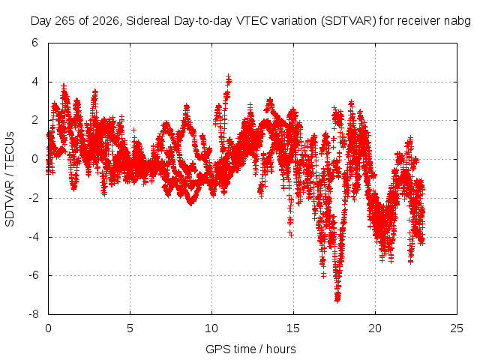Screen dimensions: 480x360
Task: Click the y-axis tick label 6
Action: point(34,43)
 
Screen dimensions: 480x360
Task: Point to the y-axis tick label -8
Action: point(33,314)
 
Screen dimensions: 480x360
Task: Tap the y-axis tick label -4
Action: point(33,237)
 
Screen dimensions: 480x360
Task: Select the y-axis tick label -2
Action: point(33,198)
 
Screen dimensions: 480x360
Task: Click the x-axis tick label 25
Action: point(457,328)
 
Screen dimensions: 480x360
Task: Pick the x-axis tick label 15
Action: point(293,328)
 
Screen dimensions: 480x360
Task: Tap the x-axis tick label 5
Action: point(130,328)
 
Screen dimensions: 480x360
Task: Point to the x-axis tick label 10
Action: point(211,328)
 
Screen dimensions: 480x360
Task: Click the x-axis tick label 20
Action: point(375,328)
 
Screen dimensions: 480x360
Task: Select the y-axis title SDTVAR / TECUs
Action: point(10,179)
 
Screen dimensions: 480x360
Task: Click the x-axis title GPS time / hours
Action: point(250,349)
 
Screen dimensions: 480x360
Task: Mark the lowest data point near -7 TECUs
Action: point(337,300)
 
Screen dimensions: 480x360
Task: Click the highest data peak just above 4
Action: point(228,76)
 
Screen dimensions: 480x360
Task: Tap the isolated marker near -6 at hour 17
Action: point(323,275)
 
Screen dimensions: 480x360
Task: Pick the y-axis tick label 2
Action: point(34,120)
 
